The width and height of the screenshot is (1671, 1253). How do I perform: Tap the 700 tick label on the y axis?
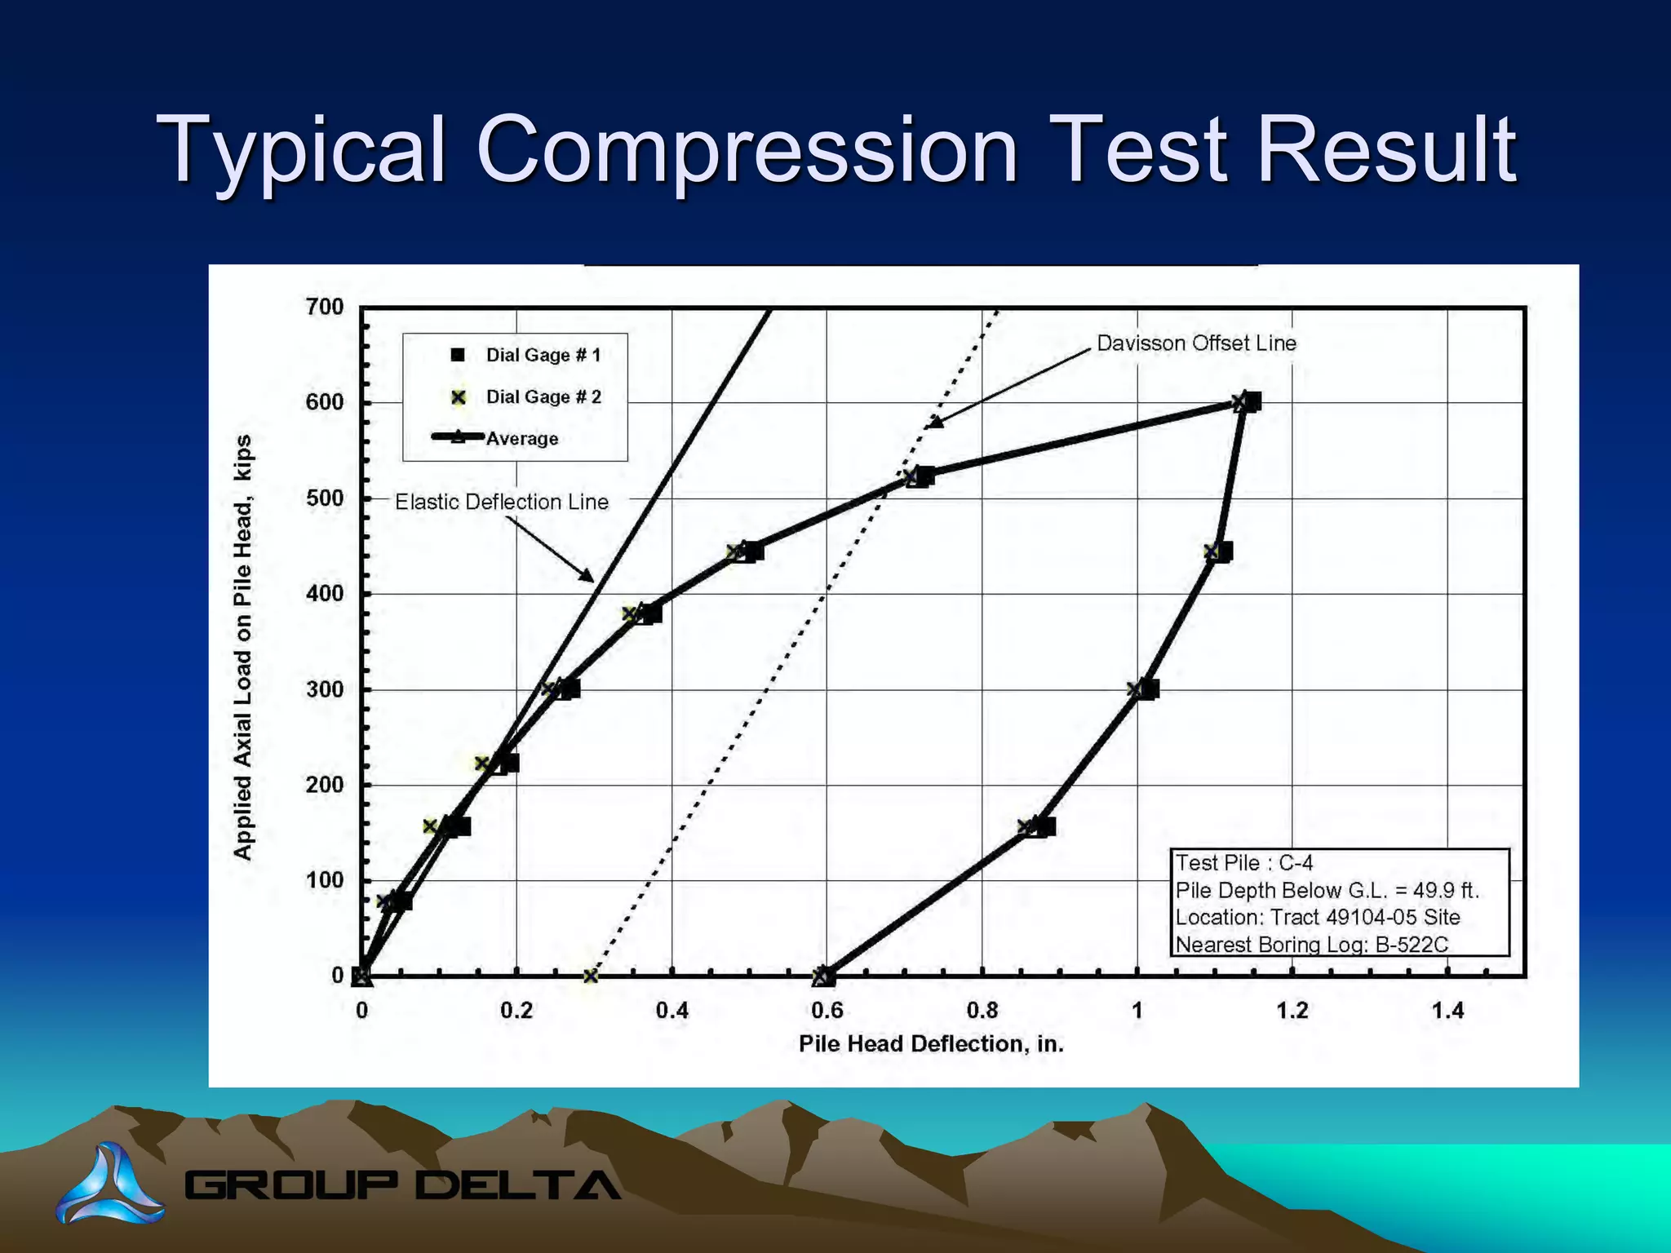pyautogui.click(x=325, y=307)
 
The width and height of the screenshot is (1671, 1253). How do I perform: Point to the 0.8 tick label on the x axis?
pyautogui.click(x=982, y=1011)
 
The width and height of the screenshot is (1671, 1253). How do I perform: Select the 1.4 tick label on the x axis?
pyautogui.click(x=1447, y=1011)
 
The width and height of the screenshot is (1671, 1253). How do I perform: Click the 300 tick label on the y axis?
pyautogui.click(x=325, y=689)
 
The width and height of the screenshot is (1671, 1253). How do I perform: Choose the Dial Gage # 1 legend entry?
pyautogui.click(x=543, y=355)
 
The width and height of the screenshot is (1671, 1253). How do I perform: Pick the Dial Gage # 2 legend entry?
pyautogui.click(x=543, y=397)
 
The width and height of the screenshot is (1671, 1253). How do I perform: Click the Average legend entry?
pyautogui.click(x=521, y=439)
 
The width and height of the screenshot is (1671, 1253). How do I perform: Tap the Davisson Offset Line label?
pyautogui.click(x=1196, y=343)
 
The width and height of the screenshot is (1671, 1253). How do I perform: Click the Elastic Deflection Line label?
pyautogui.click(x=502, y=502)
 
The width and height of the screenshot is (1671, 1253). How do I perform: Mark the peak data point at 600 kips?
pyautogui.click(x=1246, y=401)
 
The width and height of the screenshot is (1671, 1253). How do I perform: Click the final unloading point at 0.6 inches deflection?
pyautogui.click(x=824, y=976)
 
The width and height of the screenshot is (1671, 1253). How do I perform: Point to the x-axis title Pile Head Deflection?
pyautogui.click(x=931, y=1044)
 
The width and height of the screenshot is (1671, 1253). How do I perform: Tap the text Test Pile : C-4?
pyautogui.click(x=1243, y=863)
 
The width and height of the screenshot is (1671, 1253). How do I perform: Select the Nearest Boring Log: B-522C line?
pyautogui.click(x=1311, y=945)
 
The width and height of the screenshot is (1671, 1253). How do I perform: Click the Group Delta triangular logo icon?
pyautogui.click(x=111, y=1184)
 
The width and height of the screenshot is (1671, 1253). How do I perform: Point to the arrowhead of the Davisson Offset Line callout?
pyautogui.click(x=935, y=423)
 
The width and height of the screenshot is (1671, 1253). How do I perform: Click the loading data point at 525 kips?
pyautogui.click(x=919, y=476)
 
